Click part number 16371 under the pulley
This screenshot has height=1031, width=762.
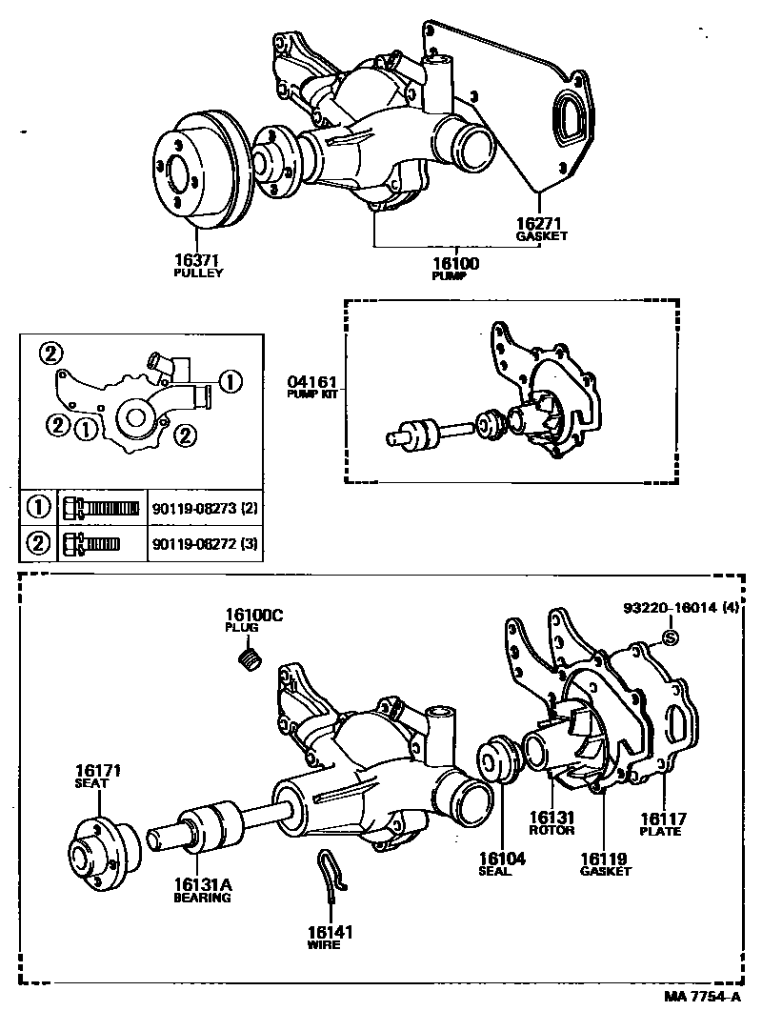[197, 259]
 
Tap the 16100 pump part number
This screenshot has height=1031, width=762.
[458, 263]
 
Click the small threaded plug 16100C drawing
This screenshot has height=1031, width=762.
[250, 658]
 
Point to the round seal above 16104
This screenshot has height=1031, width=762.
[498, 759]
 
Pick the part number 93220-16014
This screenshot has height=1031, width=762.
[671, 607]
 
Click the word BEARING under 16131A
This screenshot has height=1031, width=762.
[202, 897]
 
